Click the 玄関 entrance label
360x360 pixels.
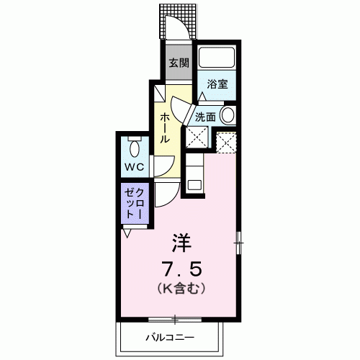179,63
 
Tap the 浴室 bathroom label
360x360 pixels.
217,84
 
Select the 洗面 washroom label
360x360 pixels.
205,117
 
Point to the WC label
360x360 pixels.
135,167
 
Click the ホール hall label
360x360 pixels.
165,128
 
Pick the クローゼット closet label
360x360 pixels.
135,203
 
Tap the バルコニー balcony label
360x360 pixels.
170,338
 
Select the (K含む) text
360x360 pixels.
181,288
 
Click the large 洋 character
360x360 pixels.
181,243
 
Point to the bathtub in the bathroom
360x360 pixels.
217,58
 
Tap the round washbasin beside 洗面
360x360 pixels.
228,115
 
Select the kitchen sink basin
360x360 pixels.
194,185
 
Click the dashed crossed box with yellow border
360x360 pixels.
226,142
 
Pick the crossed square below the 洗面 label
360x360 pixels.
197,137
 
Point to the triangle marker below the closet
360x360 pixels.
127,233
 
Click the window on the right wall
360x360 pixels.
238,243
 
